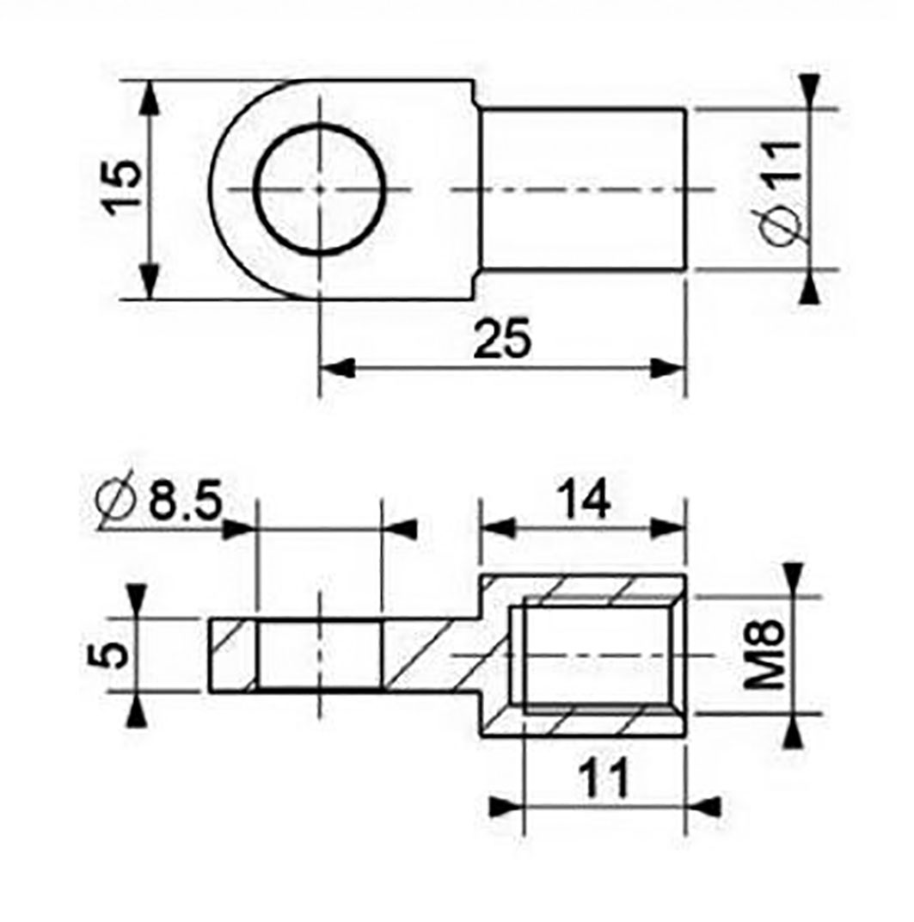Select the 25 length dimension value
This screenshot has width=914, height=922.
click(x=506, y=339)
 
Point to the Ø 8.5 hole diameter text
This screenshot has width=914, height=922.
click(x=160, y=501)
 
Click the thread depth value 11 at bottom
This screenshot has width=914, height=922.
click(x=602, y=778)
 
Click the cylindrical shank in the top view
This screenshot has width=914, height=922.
click(x=582, y=189)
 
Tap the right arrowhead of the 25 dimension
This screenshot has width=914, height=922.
click(x=669, y=368)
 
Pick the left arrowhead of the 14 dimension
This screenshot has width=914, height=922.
click(x=497, y=528)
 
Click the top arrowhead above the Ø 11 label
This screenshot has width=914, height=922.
click(x=808, y=91)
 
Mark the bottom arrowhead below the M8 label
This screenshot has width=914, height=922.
click(x=793, y=731)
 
